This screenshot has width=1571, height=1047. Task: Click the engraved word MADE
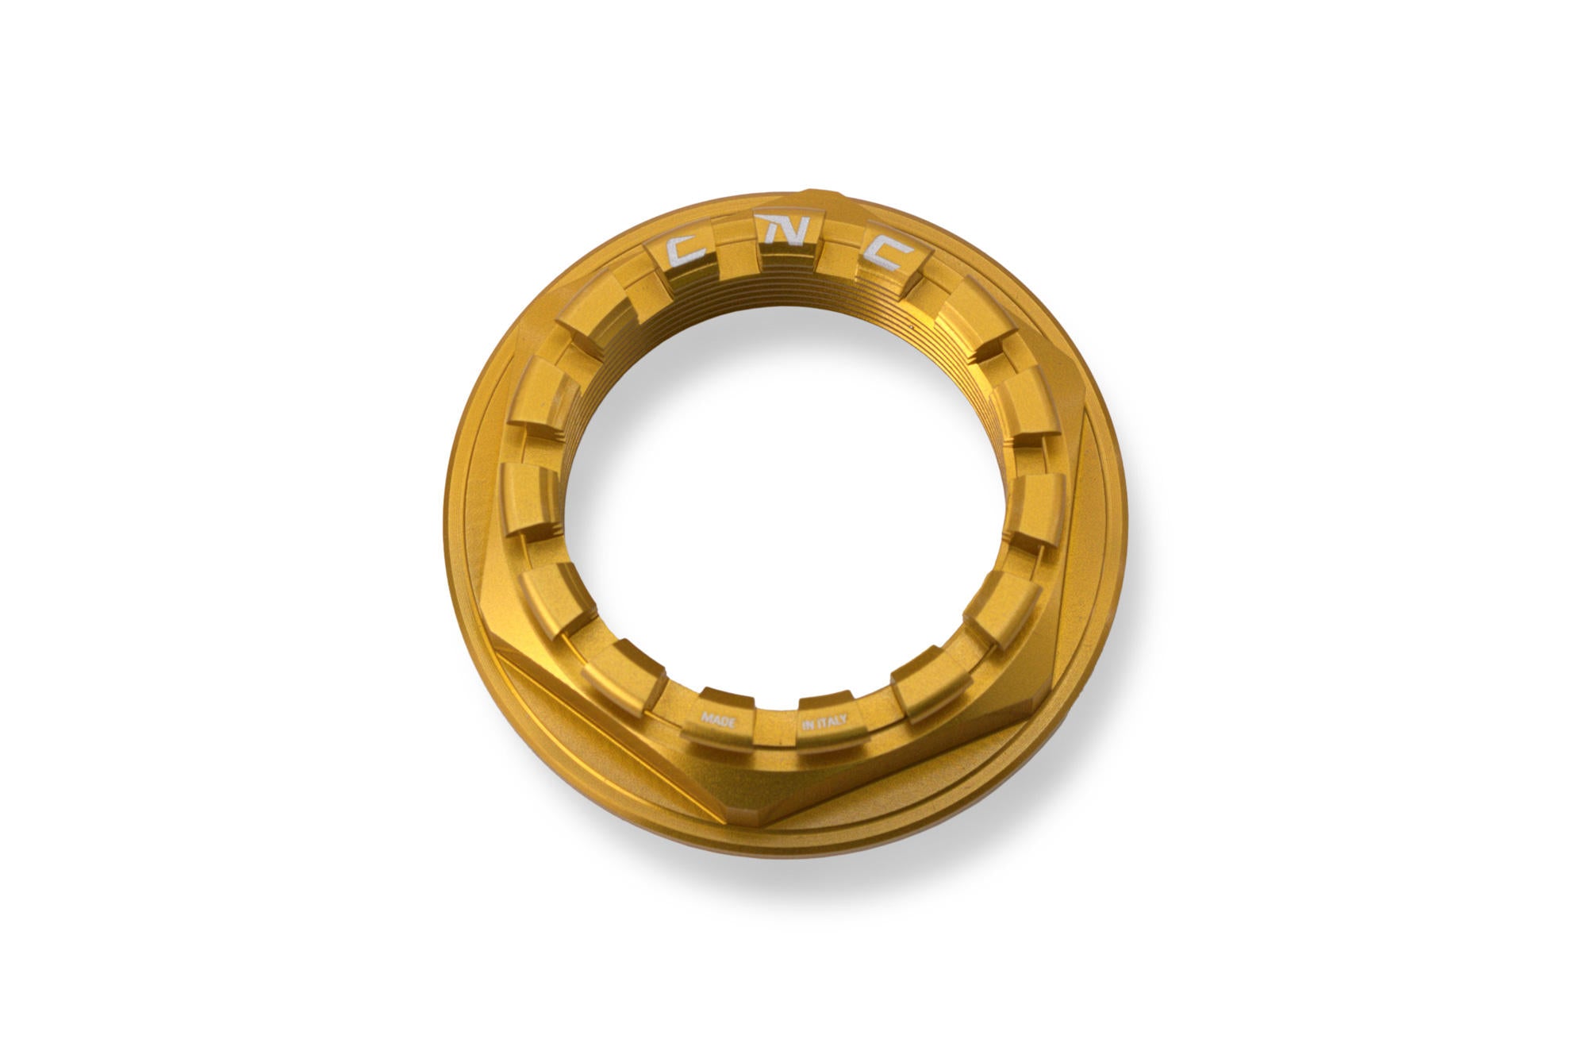pyautogui.click(x=718, y=721)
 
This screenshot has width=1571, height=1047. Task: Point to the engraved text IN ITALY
pyautogui.click(x=826, y=722)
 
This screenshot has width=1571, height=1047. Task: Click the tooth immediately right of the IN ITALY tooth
pyautogui.click(x=924, y=692)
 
